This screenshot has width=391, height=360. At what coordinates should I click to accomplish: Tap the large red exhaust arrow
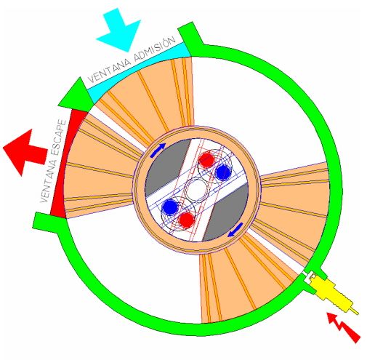pos(24,152)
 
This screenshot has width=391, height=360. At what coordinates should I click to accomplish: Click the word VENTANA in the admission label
pos(110,68)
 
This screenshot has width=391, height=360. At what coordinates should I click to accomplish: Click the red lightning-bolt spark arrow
pos(344,327)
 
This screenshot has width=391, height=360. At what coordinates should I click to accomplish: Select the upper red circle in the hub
pos(206,159)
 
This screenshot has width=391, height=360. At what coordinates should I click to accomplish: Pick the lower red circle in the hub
pos(187,220)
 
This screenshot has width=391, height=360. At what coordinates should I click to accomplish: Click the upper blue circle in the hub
pos(222,172)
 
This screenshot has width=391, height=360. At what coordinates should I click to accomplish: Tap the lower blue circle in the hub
pos(170,207)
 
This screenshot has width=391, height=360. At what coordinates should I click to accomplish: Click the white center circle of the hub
pos(196,190)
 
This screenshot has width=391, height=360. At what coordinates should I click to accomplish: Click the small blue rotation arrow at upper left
pos(158,150)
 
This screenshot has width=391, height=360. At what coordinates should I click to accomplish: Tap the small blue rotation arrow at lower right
pos(235,230)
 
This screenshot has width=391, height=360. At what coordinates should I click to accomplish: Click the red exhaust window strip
pos(63,164)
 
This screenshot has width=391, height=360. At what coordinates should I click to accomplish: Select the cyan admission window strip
pos(140,71)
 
